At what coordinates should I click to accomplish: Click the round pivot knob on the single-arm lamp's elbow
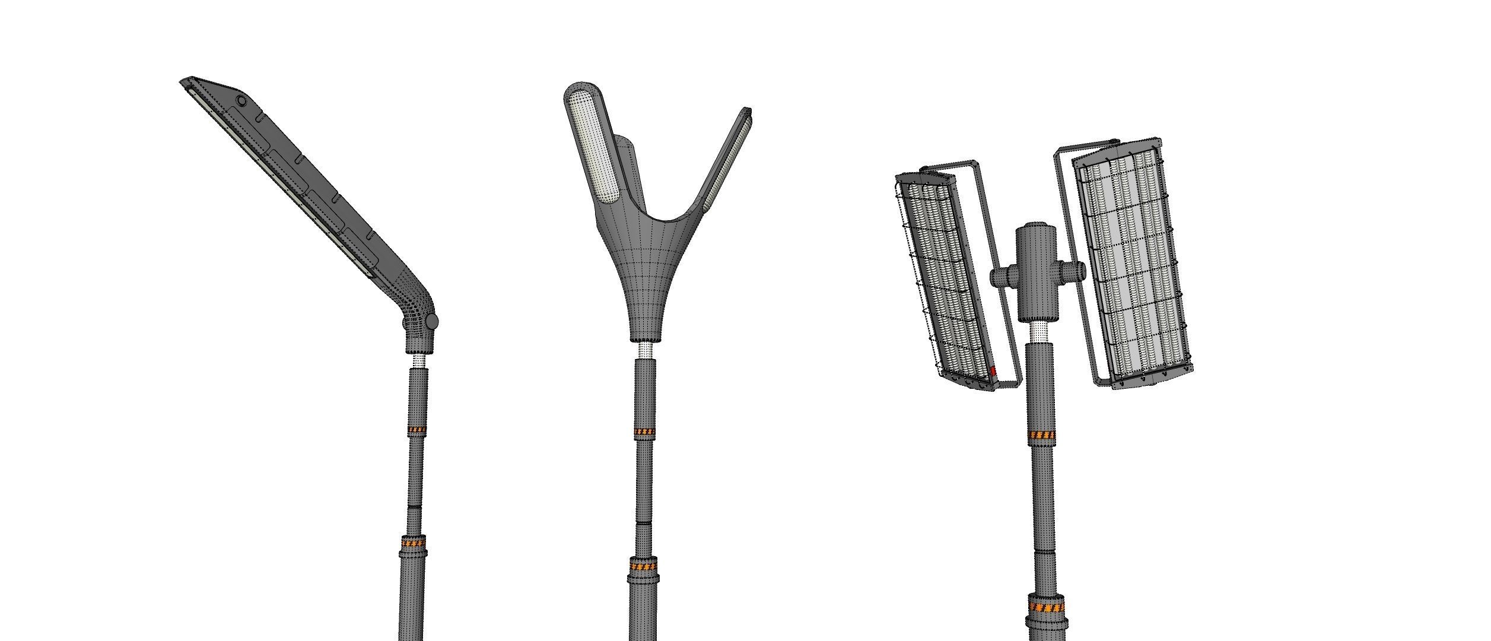coord(432,322)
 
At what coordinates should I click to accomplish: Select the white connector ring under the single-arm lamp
coord(419,361)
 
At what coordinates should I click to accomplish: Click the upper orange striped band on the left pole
coord(417,430)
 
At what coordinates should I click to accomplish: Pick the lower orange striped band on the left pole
coord(414,542)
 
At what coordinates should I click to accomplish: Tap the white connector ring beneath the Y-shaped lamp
coord(645,351)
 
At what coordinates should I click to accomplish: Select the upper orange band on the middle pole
coord(644,431)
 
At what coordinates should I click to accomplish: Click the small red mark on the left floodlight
coord(994,372)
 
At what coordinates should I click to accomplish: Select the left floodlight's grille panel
coord(943,279)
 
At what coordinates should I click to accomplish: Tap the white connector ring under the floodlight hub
coord(1039,334)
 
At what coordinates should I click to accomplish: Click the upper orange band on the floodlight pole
coord(1042,436)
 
